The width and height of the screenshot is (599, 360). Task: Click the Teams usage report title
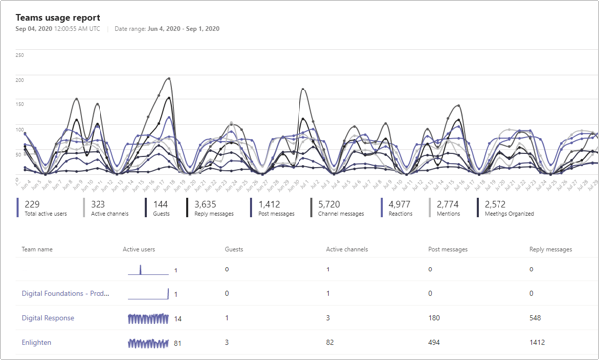pos(58,17)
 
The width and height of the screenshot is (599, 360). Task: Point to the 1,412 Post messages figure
pos(269,204)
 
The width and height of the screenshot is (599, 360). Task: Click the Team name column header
pos(37,250)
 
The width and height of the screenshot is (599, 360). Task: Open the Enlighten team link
pos(36,343)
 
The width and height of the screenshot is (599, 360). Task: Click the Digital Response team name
pos(48,318)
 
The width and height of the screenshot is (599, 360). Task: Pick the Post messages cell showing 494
pos(434,343)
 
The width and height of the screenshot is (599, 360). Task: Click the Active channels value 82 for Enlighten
pos(330,343)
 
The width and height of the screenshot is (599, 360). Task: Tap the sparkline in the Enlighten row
pos(148,343)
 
